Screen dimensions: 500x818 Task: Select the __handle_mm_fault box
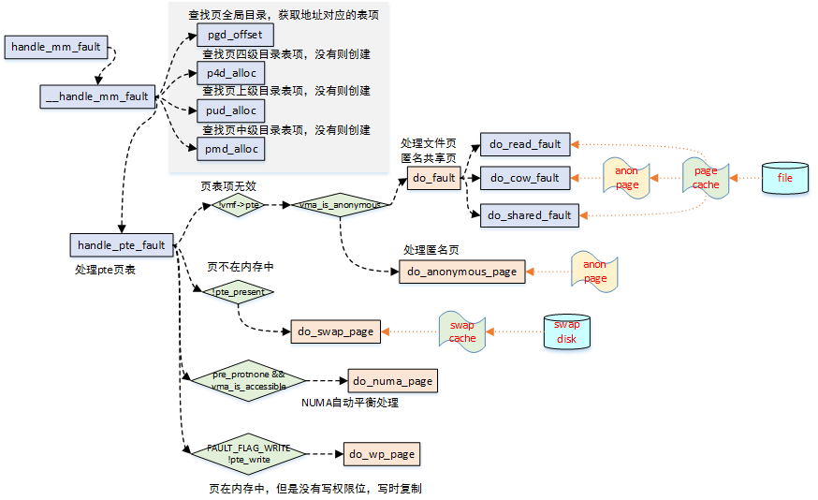point(97,96)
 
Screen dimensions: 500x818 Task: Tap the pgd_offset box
point(235,36)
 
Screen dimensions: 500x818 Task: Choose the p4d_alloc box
point(230,73)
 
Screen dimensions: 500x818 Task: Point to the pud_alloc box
point(230,110)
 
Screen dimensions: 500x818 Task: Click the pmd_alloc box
point(230,148)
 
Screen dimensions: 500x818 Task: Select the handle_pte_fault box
point(122,245)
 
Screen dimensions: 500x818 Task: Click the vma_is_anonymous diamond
point(339,205)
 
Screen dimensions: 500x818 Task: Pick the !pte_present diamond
point(239,292)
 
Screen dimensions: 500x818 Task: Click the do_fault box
point(433,177)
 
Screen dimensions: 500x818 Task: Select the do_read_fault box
point(525,144)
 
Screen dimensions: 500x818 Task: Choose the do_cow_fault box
point(525,178)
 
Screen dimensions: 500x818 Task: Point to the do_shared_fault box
point(530,215)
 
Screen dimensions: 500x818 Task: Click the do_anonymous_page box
point(463,272)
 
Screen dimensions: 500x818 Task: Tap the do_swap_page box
point(335,331)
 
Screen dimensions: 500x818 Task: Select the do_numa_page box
point(392,381)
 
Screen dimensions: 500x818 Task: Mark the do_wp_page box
point(381,454)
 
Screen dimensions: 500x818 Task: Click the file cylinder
point(784,177)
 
